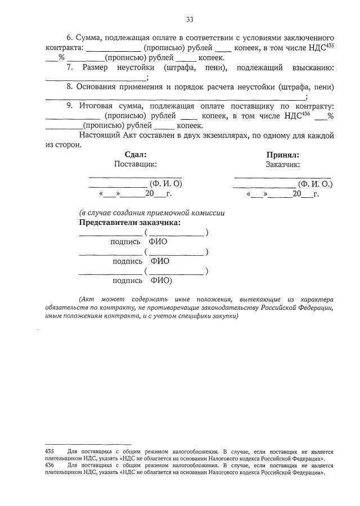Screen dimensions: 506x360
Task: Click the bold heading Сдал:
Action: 135,155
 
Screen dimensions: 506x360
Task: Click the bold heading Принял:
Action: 283,155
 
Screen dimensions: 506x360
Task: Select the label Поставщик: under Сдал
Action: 135,164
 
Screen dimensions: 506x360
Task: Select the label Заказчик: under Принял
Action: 283,164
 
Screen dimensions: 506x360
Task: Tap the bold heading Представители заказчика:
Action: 130,222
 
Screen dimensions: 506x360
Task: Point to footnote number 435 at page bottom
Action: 49,451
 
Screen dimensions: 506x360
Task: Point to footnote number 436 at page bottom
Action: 49,466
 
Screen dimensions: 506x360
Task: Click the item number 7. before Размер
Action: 70,68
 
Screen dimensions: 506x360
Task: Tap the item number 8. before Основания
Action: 70,87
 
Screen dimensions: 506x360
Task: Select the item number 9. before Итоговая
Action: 70,106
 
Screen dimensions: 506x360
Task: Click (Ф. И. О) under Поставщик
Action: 165,184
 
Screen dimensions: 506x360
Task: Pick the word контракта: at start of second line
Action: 64,48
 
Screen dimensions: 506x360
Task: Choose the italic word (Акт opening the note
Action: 88,298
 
